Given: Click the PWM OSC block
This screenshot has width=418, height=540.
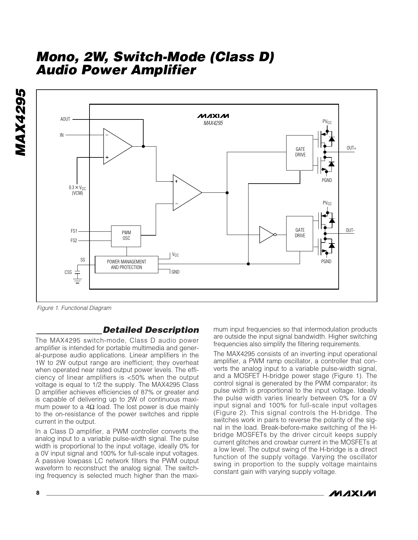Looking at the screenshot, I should [126, 236].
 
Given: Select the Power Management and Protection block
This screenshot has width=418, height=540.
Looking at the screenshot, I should [126, 265].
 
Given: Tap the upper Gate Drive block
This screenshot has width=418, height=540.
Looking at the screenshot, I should [300, 153].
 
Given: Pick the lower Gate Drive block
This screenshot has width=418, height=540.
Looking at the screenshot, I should [300, 233].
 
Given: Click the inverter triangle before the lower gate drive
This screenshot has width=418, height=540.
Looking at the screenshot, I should [266, 235].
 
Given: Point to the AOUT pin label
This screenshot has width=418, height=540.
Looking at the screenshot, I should [65, 119].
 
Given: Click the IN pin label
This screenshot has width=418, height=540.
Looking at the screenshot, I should [62, 135].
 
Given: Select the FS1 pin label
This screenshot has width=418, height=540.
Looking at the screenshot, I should [74, 231].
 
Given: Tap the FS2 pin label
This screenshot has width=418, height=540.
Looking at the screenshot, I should [74, 241].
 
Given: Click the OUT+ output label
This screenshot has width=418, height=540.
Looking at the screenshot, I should [351, 148].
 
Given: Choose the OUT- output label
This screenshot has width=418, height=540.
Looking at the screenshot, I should [350, 230].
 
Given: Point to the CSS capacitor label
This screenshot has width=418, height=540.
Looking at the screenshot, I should [68, 272].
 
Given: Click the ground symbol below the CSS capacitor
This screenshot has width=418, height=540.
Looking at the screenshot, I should [78, 281].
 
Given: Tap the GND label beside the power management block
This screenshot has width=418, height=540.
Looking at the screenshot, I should [175, 272].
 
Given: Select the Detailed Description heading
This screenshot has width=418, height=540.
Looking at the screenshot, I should [151, 330].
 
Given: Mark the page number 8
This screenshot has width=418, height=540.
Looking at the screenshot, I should [38, 493].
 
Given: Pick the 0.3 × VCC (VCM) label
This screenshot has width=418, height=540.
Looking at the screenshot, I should [77, 190].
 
